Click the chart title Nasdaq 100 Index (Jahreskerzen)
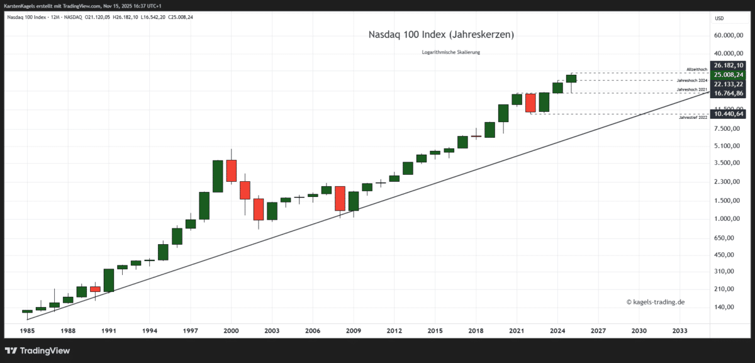click(x=441, y=35)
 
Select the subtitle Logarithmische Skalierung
click(x=450, y=52)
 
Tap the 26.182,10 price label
click(x=729, y=65)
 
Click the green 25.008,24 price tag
click(x=729, y=75)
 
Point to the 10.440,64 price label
click(x=729, y=114)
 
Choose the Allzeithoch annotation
click(x=697, y=69)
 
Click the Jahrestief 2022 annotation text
click(x=693, y=118)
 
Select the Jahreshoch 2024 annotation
click(x=692, y=81)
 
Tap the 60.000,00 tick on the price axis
click(x=729, y=35)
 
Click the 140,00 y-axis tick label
click(x=729, y=307)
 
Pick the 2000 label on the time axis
click(x=231, y=330)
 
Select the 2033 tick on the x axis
click(x=679, y=330)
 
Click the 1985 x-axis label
click(x=27, y=330)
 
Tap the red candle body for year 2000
click(x=232, y=171)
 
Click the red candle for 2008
click(x=340, y=198)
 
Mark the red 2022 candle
click(x=530, y=103)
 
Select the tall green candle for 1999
click(x=218, y=176)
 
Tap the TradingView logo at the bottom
click(x=38, y=350)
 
